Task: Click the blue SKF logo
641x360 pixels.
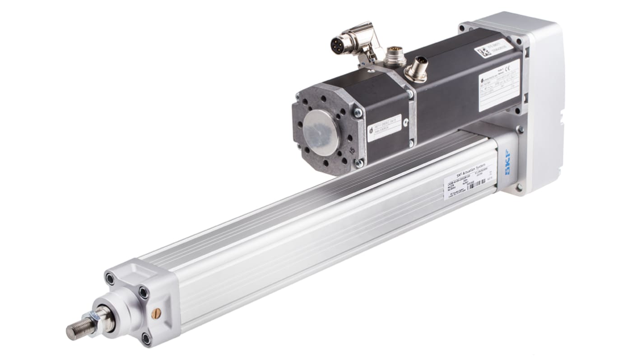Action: pyautogui.click(x=510, y=169)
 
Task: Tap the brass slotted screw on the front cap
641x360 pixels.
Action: pyautogui.click(x=156, y=313)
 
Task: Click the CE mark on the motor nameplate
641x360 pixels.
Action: pyautogui.click(x=508, y=71)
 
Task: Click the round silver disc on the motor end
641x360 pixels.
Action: pyautogui.click(x=320, y=133)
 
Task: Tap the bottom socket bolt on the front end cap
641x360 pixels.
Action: pyautogui.click(x=146, y=337)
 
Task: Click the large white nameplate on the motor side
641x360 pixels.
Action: pyautogui.click(x=498, y=85)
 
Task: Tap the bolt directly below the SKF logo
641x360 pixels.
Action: pyautogui.click(x=520, y=187)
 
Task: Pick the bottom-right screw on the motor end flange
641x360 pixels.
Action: pyautogui.click(x=358, y=163)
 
